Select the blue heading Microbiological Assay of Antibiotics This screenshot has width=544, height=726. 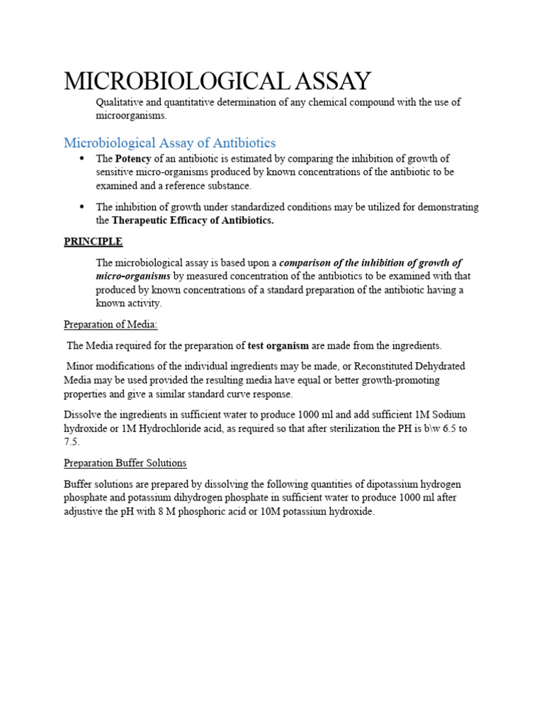click(x=170, y=143)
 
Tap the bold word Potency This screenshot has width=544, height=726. click(x=133, y=159)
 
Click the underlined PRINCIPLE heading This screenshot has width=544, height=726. click(x=93, y=242)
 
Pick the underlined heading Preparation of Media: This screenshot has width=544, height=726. click(x=110, y=325)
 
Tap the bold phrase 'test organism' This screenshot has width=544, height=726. click(x=278, y=346)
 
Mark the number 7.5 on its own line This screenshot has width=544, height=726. click(x=72, y=441)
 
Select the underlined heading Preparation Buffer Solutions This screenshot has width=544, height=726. click(x=125, y=463)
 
